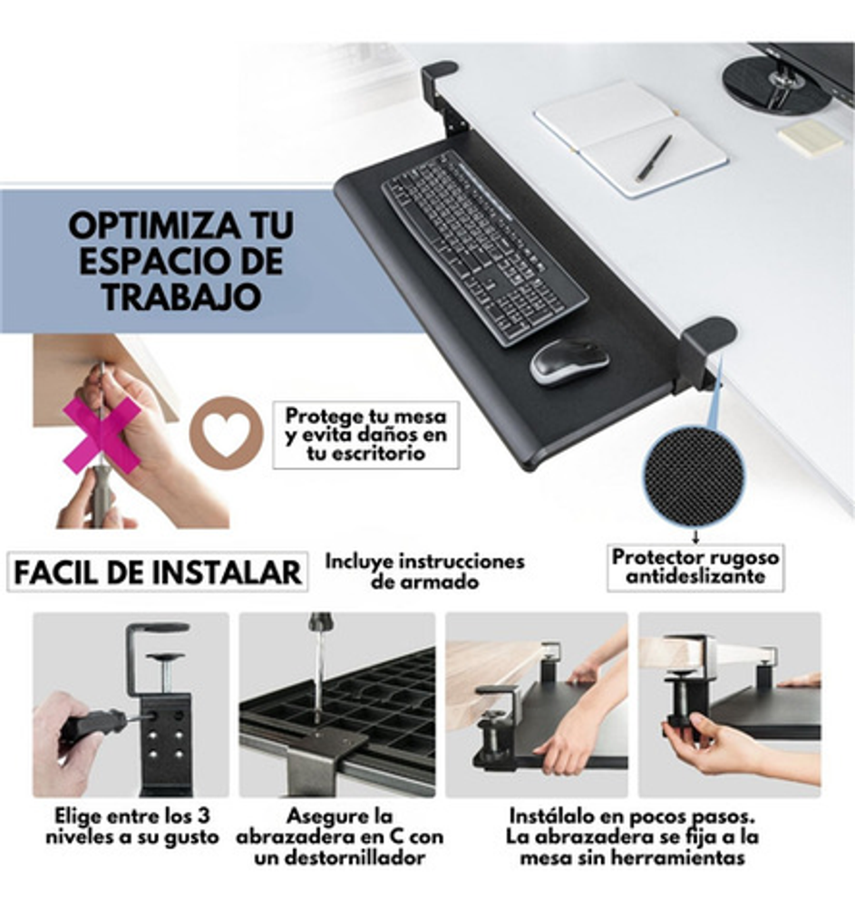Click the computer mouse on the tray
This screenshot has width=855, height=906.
click(x=568, y=362)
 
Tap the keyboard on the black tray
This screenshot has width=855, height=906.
click(x=484, y=248)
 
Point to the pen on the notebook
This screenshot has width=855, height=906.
click(x=655, y=159)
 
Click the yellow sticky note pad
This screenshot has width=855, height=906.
click(x=811, y=138)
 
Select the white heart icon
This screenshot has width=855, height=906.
click(x=227, y=433)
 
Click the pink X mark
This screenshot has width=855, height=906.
click(x=102, y=433)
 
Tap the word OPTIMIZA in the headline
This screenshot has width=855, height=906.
click(x=154, y=225)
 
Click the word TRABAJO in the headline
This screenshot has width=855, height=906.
click(x=181, y=296)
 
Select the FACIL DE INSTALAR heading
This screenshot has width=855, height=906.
click(x=157, y=572)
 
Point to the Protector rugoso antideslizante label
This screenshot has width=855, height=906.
click(x=695, y=567)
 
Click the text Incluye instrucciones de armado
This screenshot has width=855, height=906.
click(x=425, y=571)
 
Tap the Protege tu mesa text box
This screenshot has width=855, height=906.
click(x=366, y=435)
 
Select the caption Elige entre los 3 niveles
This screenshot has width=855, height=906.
click(x=132, y=826)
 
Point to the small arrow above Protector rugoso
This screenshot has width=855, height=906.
click(x=695, y=535)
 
